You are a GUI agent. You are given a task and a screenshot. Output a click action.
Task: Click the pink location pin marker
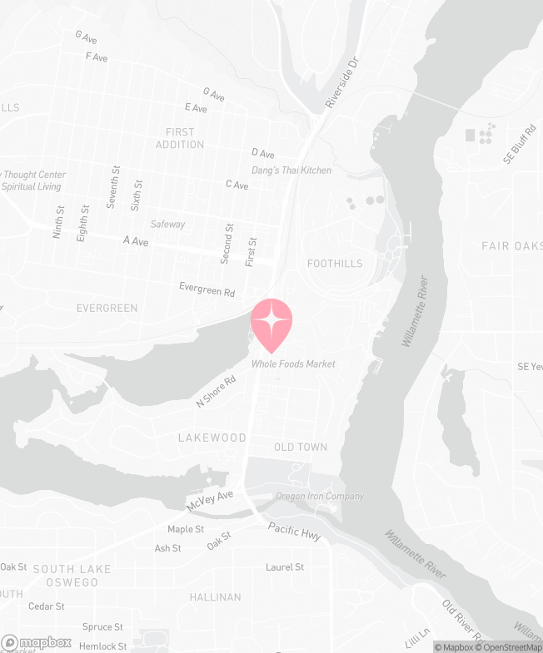(x=271, y=324)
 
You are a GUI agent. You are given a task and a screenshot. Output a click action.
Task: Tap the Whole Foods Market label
(x=295, y=364)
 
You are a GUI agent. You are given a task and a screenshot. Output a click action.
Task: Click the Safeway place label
(x=167, y=225)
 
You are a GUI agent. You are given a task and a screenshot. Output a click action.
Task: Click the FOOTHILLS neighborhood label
(x=335, y=264)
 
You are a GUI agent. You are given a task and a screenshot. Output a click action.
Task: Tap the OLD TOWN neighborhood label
(x=301, y=448)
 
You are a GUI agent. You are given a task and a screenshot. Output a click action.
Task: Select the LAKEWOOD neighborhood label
(x=212, y=438)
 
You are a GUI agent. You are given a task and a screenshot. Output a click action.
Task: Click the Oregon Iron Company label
(x=320, y=497)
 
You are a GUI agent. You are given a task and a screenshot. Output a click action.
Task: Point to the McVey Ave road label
(x=210, y=501)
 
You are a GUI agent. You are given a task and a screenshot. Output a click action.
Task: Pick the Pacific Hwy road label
(x=294, y=532)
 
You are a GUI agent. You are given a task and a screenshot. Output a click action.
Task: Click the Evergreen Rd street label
(x=207, y=289)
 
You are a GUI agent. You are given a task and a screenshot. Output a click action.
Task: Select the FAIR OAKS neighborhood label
(x=511, y=246)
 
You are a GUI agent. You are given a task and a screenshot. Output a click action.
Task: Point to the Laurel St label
(x=285, y=567)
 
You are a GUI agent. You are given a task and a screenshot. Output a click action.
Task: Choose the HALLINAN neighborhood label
(x=215, y=597)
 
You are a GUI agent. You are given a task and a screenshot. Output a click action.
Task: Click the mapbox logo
(x=37, y=642)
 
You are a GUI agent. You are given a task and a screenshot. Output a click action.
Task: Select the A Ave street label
(x=137, y=240)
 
